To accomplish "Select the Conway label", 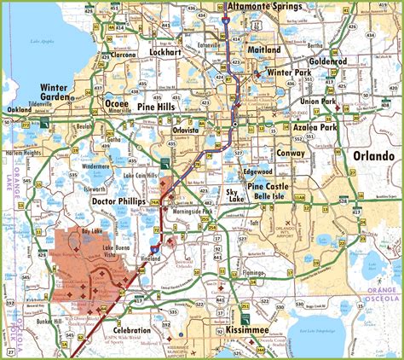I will (291, 153).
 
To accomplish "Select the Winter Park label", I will (290, 73).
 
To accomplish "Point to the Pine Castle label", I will (268, 184).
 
